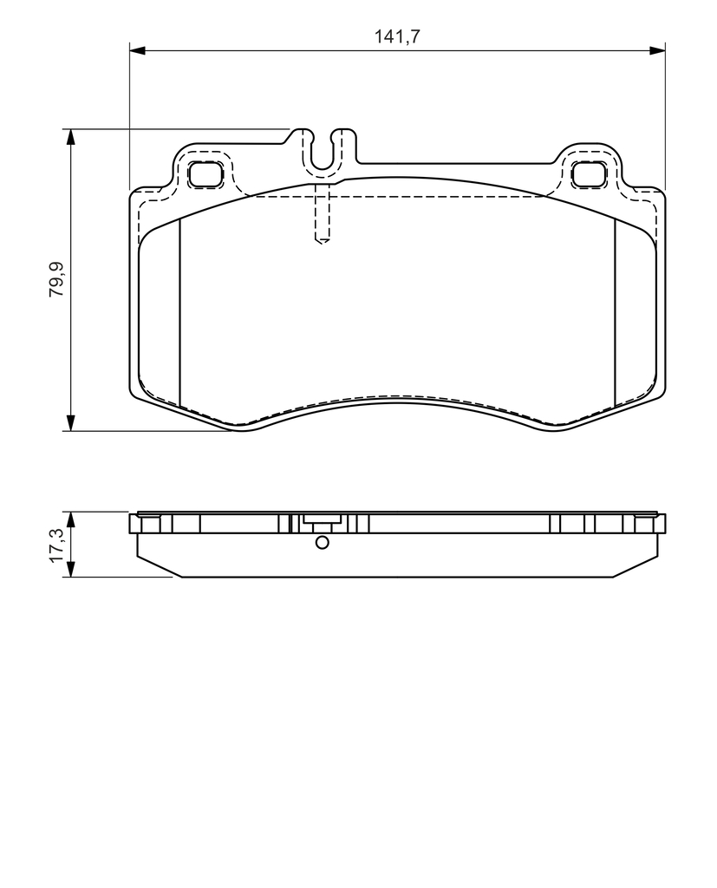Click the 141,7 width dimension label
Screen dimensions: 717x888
point(397,36)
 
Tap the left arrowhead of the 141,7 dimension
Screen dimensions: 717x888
point(138,51)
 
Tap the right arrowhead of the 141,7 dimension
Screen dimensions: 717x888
point(657,51)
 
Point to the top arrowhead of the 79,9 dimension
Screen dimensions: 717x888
point(70,137)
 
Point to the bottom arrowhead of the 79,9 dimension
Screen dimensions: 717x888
point(70,423)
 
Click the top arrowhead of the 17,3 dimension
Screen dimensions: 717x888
point(70,520)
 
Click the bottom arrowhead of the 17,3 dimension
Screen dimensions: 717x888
point(70,569)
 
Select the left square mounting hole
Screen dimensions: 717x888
point(205,173)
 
